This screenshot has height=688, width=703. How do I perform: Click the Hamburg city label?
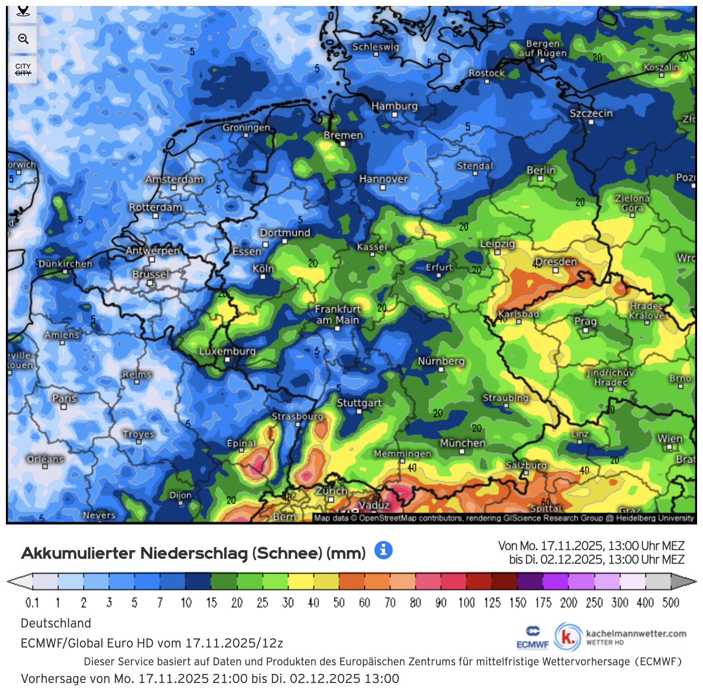[x=394, y=106]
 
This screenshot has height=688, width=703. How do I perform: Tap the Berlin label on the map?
[x=541, y=170]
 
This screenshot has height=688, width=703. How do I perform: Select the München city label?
[x=462, y=443]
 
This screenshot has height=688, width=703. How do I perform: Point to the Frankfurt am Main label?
[x=337, y=314]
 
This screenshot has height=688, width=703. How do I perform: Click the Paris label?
[x=64, y=398]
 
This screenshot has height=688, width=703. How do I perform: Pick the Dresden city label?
[x=556, y=262]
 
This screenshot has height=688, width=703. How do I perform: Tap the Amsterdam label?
[x=174, y=179]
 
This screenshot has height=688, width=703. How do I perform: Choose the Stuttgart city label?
[x=359, y=403]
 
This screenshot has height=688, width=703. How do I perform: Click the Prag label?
[x=585, y=321]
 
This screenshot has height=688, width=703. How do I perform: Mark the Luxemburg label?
[x=227, y=351]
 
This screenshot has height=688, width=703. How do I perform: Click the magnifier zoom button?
[x=23, y=39]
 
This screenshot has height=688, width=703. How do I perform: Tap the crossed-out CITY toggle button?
[x=23, y=70]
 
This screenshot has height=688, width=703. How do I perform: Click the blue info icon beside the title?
[x=383, y=550]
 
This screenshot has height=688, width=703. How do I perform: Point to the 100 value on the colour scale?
[x=467, y=603]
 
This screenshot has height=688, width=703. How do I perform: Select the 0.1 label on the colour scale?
[x=32, y=603]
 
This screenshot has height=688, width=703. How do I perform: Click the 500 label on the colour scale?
[x=671, y=603]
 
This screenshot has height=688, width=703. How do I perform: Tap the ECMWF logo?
[x=532, y=637]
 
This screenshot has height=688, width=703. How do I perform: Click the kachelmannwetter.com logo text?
[x=636, y=634]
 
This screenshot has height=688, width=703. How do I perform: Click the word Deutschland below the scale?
[x=56, y=623]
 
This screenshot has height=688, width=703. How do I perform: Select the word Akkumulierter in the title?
[x=78, y=553]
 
